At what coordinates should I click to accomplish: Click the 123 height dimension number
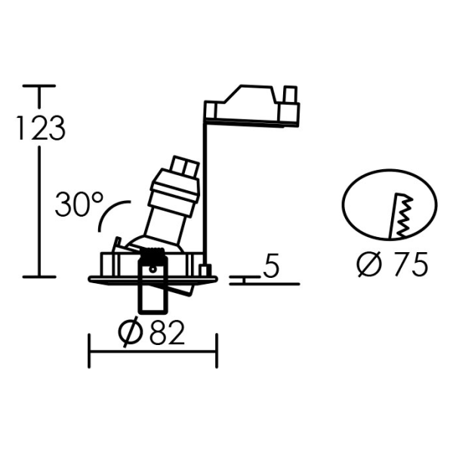click(x=41, y=128)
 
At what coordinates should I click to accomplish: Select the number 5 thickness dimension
click(x=271, y=265)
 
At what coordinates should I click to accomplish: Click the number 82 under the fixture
click(x=167, y=333)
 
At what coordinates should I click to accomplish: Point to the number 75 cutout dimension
click(x=411, y=264)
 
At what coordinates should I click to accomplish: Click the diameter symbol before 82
click(x=131, y=333)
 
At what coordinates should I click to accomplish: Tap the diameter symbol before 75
click(x=369, y=264)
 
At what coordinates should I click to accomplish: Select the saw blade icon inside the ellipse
click(x=401, y=215)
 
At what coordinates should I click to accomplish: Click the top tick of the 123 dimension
click(x=39, y=86)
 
